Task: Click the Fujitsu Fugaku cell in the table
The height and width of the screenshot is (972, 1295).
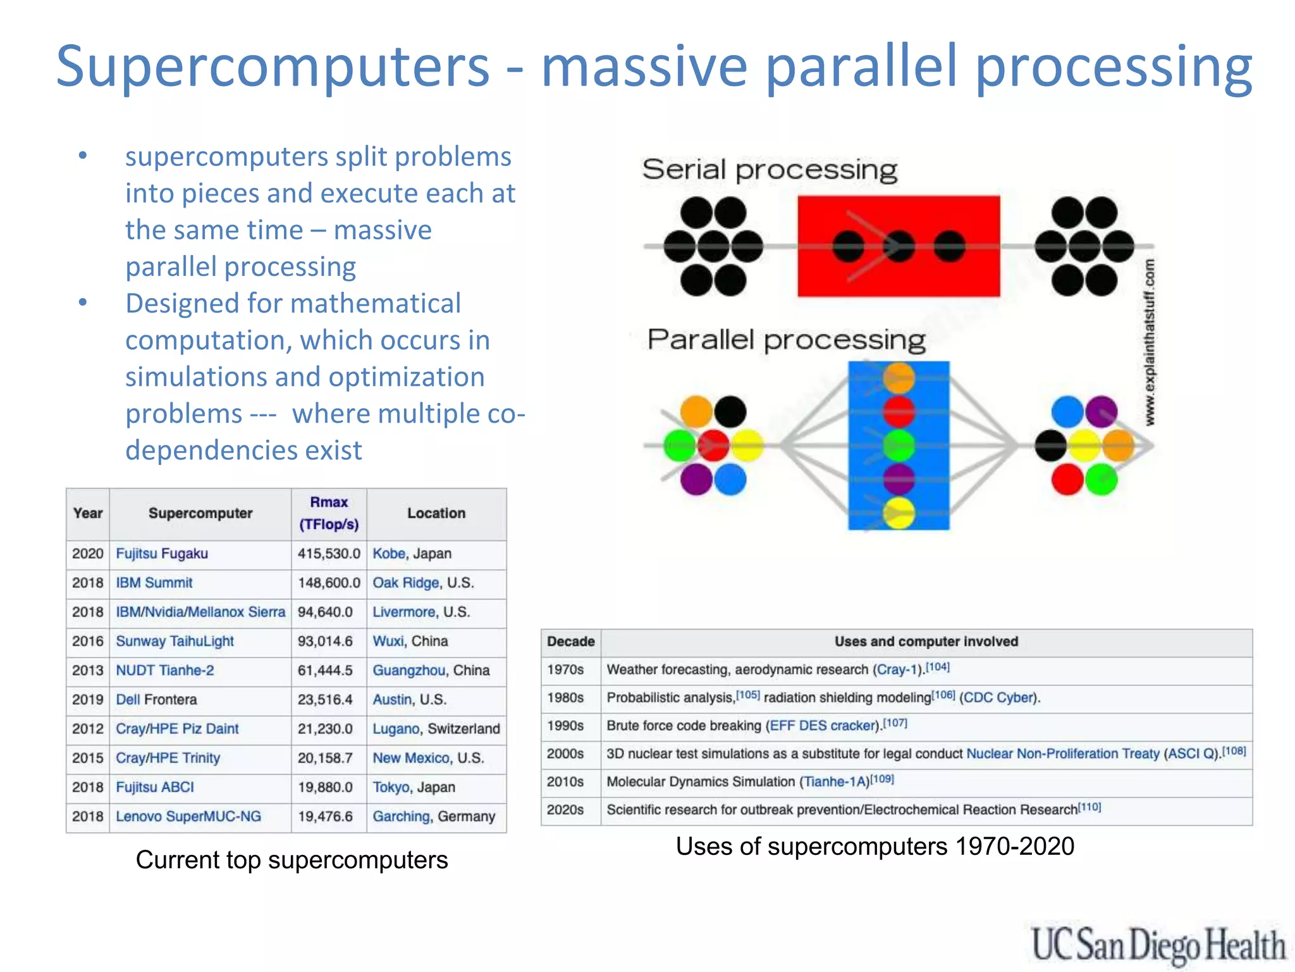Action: (162, 554)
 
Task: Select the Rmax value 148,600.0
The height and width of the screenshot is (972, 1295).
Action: (329, 583)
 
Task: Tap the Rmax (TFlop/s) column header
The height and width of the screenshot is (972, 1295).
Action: (329, 513)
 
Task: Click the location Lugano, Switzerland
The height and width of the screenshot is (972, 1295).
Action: (436, 729)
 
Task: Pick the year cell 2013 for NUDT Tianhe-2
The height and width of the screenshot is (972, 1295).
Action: (87, 671)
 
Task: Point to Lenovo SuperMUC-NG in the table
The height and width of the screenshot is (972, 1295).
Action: (188, 816)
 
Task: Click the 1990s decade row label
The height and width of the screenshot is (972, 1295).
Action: (565, 726)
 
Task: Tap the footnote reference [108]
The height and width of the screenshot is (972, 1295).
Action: (1234, 751)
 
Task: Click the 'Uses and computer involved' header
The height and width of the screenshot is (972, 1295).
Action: (926, 642)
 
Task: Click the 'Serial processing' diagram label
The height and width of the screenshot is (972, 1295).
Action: (770, 170)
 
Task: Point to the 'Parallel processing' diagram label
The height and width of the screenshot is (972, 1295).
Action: (786, 340)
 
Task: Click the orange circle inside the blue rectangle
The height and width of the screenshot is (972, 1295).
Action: (899, 378)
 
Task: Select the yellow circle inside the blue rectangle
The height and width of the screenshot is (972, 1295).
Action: (899, 513)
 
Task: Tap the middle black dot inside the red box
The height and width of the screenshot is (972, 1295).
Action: (899, 247)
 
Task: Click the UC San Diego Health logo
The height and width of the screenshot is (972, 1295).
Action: (1158, 945)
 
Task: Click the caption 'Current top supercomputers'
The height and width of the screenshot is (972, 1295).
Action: (292, 860)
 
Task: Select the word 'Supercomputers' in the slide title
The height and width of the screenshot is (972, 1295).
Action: (273, 66)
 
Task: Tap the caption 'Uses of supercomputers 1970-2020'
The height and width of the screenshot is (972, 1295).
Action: (875, 847)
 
